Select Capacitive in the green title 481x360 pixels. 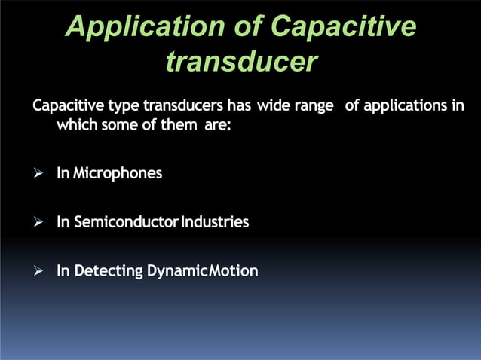click(343, 27)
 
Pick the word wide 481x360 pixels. click(274, 105)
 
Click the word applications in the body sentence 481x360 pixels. click(406, 105)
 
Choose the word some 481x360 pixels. click(120, 124)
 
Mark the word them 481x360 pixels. click(178, 124)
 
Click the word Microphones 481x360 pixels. click(118, 174)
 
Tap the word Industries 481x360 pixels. click(213, 222)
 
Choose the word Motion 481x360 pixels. click(234, 271)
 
